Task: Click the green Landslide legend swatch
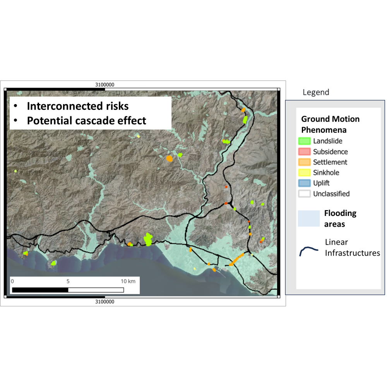(305, 141)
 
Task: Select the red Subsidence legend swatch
(305, 152)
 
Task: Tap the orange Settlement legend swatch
(305, 162)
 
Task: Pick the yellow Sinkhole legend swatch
(305, 173)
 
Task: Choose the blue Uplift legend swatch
(305, 183)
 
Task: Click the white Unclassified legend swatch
(305, 193)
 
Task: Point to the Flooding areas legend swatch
(309, 218)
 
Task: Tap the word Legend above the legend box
(316, 92)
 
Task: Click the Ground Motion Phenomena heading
(330, 124)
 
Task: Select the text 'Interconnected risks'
(77, 106)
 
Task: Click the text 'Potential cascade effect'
(86, 121)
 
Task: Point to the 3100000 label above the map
(104, 85)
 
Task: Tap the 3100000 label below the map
(104, 301)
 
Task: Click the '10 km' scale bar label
(128, 281)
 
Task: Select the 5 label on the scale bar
(68, 281)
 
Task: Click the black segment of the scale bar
(40, 290)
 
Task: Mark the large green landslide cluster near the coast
(148, 240)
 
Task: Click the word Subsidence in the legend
(330, 152)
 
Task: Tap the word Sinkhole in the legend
(326, 173)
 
